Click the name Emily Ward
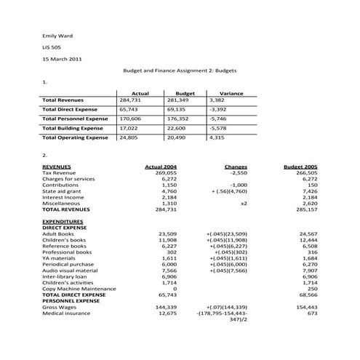click(57, 36)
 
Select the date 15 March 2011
click(62, 59)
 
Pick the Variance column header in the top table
click(231, 93)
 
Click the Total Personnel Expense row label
click(75, 118)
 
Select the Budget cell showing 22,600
click(177, 127)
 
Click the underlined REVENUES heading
click(57, 167)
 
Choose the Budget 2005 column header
click(300, 167)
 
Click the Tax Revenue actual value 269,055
click(167, 173)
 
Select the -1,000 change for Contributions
click(237, 185)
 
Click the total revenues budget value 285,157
click(307, 209)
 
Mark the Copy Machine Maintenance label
click(79, 289)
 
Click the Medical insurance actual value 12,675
click(167, 313)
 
